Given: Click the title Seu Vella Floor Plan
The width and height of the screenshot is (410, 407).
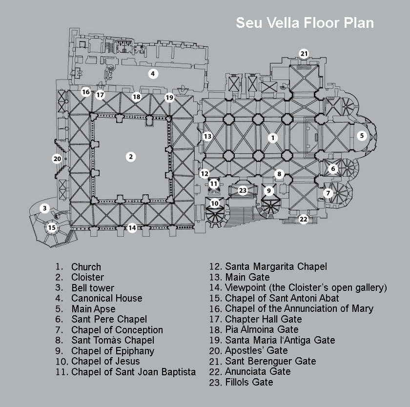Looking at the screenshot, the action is click(x=305, y=23).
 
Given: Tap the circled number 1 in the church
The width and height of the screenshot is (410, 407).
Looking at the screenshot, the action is click(x=273, y=138).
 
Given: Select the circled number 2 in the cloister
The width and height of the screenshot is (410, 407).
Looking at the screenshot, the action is click(x=131, y=157).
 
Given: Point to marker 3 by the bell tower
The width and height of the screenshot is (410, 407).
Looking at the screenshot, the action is click(x=45, y=208).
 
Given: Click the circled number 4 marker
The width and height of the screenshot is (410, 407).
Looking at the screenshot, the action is click(x=153, y=74).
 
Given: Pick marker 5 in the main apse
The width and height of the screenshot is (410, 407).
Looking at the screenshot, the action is click(x=362, y=136).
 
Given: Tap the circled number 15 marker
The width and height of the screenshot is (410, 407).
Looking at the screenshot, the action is click(x=52, y=228).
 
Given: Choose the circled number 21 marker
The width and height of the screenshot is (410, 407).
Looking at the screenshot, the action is click(x=304, y=54).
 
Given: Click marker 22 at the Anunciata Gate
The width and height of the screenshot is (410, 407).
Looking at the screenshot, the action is click(x=303, y=219).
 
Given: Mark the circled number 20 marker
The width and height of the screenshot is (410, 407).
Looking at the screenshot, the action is click(x=57, y=159).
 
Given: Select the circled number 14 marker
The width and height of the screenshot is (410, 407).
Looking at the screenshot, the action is click(x=132, y=228).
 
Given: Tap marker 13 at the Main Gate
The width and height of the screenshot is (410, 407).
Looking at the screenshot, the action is click(x=207, y=136).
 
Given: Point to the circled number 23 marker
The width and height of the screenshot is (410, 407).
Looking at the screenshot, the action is click(x=243, y=190).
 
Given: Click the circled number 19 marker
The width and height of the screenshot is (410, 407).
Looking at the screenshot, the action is click(x=169, y=98).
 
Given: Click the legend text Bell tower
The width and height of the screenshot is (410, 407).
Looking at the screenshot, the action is click(x=93, y=288).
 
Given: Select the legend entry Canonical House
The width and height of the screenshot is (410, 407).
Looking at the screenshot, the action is click(x=107, y=298).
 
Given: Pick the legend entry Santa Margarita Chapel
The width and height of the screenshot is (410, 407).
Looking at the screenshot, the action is click(x=276, y=266).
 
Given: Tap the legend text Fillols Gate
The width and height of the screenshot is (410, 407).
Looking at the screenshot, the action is click(x=249, y=382).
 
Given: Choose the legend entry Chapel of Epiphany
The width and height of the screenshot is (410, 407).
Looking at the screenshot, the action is click(x=113, y=351).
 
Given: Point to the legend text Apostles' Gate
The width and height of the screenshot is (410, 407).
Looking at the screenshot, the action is click(x=256, y=350).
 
